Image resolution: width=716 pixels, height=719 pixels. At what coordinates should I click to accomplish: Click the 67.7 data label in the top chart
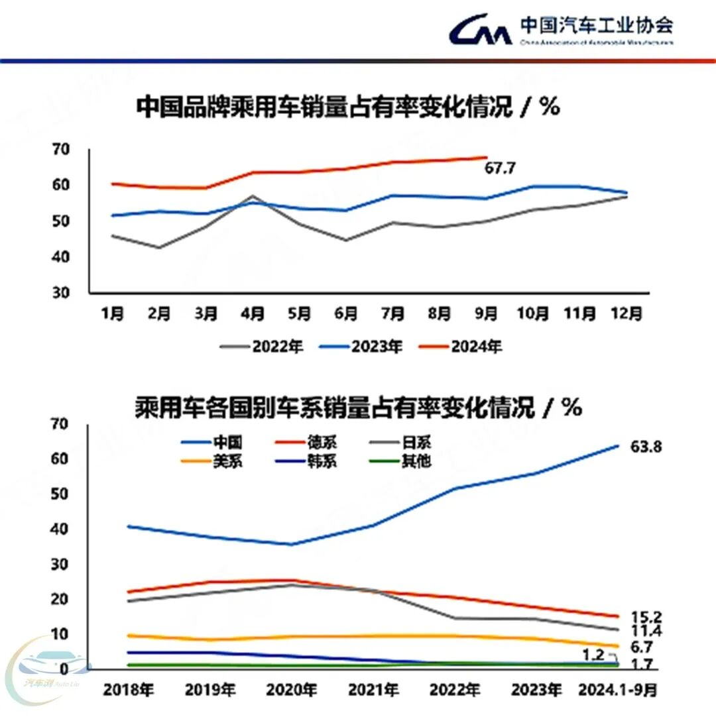pos(500,168)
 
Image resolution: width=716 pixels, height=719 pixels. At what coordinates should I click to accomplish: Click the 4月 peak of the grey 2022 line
pos(252,196)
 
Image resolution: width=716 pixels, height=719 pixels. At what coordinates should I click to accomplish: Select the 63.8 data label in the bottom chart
pos(645,447)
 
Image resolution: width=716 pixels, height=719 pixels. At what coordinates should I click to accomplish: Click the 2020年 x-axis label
pos(290,690)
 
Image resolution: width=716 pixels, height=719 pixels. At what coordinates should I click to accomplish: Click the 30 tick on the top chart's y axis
pos(61,292)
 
